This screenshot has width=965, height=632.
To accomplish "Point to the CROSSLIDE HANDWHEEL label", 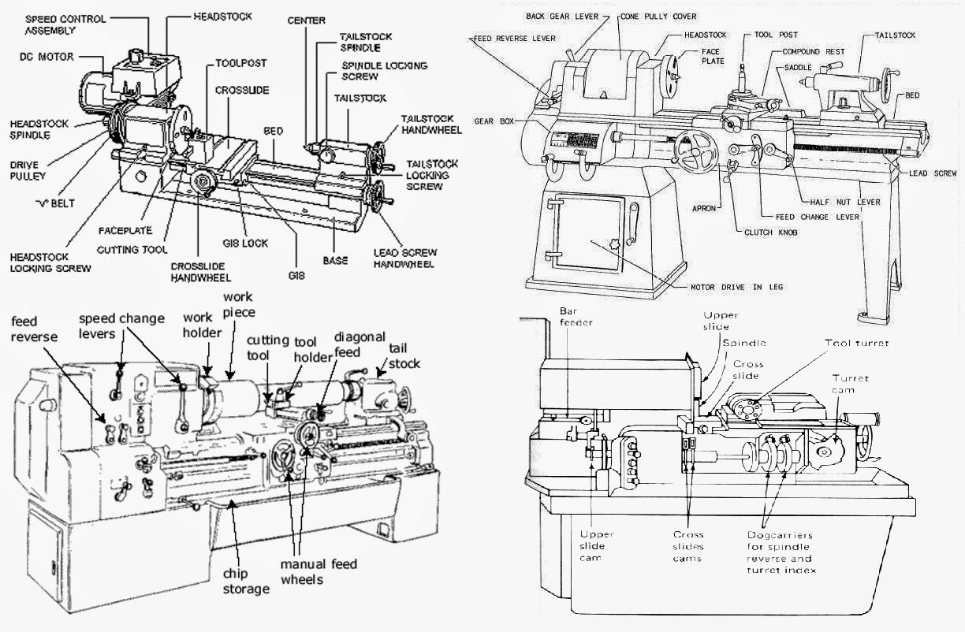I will click(x=200, y=272).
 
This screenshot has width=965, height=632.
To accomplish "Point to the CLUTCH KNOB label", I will click(x=769, y=232).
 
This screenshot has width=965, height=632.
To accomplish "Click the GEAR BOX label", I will click(x=495, y=121).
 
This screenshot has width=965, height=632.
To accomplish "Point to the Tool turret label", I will click(x=856, y=344).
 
